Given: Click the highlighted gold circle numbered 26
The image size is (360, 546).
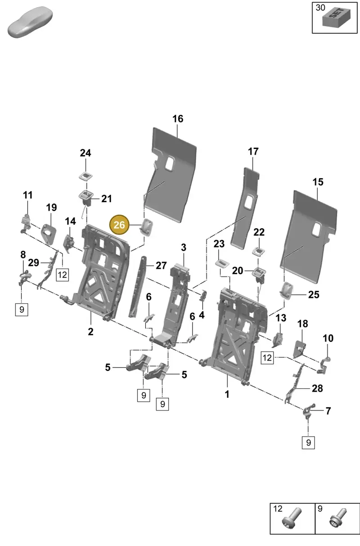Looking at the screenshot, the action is [119, 225].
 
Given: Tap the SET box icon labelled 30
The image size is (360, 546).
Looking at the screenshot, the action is [336, 17].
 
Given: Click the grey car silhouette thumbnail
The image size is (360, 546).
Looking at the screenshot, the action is [30, 22].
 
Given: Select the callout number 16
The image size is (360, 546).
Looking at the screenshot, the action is [178, 119].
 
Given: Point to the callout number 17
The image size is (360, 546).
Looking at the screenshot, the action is [253, 152].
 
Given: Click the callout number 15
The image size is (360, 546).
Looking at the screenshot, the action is [318, 182].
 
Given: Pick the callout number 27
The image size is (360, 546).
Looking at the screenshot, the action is [161, 266].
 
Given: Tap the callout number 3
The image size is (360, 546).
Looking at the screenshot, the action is [184, 248].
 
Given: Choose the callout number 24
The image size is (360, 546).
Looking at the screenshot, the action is [85, 153].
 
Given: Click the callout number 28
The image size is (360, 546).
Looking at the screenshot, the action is [317, 388].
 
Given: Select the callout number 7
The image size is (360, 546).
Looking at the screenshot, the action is [328, 411].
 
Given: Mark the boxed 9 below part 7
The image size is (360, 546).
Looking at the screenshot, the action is [308, 442].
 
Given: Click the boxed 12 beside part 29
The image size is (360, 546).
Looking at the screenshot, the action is [62, 275].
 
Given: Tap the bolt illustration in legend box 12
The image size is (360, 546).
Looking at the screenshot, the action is [292, 519].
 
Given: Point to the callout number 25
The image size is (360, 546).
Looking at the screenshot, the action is [314, 294].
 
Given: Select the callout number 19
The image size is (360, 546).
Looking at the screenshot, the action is [51, 208].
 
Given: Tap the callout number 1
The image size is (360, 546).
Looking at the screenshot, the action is [227, 394].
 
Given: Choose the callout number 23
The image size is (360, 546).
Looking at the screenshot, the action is [219, 244].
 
